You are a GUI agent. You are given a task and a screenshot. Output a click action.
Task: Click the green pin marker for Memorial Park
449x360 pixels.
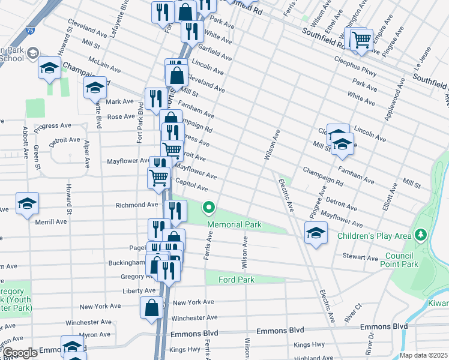coord(209,208)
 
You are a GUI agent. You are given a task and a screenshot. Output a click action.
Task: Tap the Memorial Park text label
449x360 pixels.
coord(235,224)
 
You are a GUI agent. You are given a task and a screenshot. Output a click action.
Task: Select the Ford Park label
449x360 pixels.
coord(237,280)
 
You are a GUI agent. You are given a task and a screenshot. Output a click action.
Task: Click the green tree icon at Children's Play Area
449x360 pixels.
coord(421,234)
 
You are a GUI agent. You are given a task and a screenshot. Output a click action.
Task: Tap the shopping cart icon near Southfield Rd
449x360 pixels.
coord(361,40)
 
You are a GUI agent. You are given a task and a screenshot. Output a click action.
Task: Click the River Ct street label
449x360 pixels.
coord(353,314)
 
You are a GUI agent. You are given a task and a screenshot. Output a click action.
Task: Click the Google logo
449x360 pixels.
coord(20,353)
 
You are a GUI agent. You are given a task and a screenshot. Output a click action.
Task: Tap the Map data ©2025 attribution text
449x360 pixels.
coord(423,355)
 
